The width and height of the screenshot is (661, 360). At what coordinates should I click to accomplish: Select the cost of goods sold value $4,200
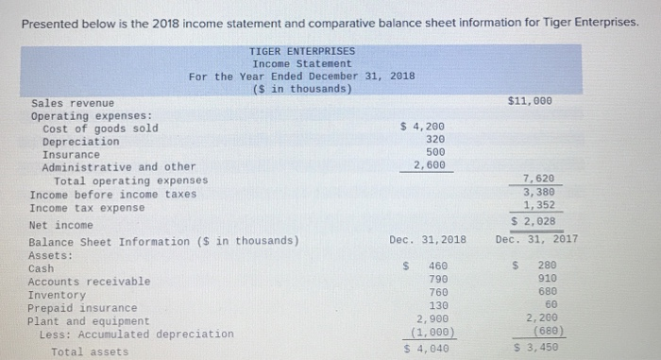(x=422, y=126)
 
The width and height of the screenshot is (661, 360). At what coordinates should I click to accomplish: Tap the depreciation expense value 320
(x=435, y=138)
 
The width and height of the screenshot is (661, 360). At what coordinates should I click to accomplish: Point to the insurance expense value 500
(x=435, y=151)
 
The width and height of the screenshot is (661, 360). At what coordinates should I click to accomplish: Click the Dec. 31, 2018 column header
(x=428, y=240)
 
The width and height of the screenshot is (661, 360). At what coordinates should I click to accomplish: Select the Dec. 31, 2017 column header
(x=536, y=239)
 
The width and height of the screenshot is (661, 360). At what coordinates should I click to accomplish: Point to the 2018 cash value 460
(x=438, y=267)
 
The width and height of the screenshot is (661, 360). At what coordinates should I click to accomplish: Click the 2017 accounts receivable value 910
(x=546, y=280)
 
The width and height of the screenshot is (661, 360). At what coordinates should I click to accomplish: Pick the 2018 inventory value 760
(x=438, y=292)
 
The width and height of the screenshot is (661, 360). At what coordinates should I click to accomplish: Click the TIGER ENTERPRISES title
(x=302, y=51)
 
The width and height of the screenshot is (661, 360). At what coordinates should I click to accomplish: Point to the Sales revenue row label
(x=73, y=102)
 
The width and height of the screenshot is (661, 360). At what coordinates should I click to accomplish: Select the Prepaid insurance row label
(x=82, y=308)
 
